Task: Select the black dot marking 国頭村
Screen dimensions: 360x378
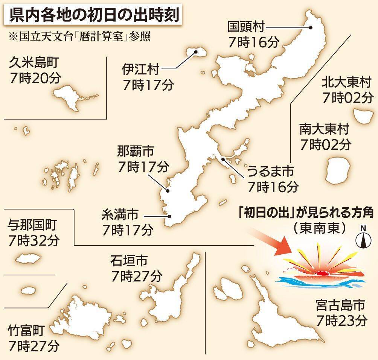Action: click(311, 27)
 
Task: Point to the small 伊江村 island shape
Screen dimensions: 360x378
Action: click(197, 53)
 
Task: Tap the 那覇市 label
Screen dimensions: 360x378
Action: click(136, 152)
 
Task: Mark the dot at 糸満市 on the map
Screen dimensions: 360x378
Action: click(170, 216)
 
